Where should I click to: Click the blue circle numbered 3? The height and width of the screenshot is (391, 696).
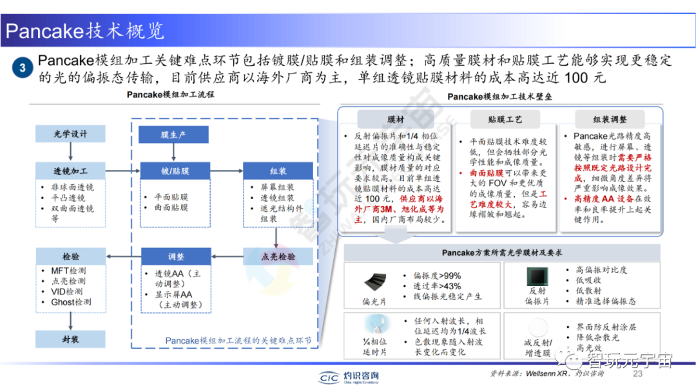(23, 68)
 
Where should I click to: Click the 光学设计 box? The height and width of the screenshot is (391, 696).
(70, 134)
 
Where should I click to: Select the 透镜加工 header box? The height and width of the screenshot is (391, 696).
(70, 171)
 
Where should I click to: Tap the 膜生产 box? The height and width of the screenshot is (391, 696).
(173, 134)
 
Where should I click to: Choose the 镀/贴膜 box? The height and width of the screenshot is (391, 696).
(173, 171)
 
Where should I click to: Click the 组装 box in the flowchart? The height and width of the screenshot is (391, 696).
(278, 171)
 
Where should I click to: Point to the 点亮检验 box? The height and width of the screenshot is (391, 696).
(278, 256)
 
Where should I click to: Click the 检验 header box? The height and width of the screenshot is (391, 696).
(70, 256)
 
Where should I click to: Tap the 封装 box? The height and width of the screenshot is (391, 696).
(70, 339)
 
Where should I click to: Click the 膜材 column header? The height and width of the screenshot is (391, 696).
(396, 119)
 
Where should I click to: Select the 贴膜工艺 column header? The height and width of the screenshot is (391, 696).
(505, 119)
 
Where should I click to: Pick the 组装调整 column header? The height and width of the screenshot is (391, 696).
(609, 119)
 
